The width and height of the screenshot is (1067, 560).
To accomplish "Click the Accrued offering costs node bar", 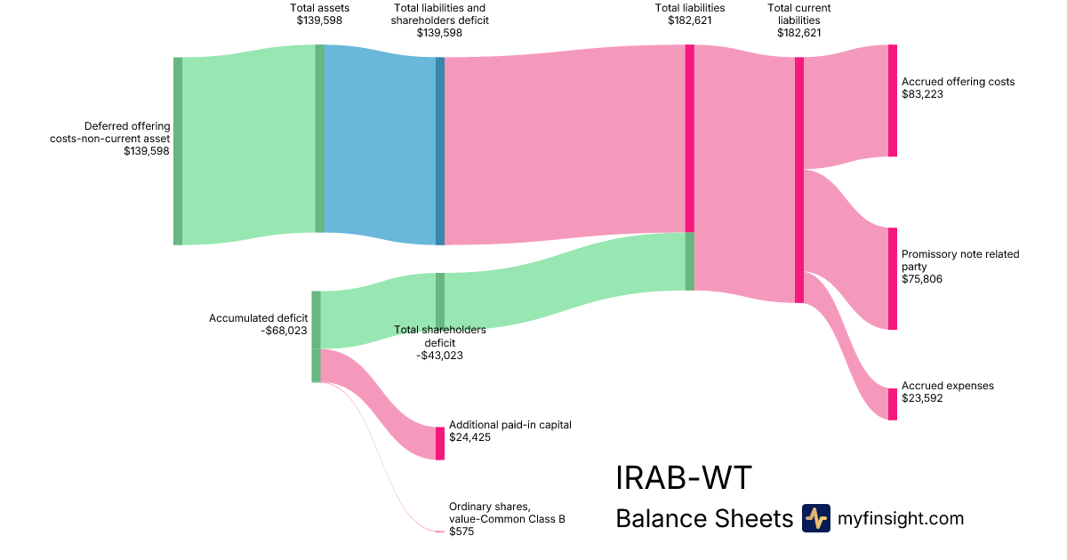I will pyautogui.click(x=892, y=100).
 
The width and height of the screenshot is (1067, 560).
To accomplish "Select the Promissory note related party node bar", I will pyautogui.click(x=892, y=278).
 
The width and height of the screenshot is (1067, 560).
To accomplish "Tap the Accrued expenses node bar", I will pyautogui.click(x=892, y=404).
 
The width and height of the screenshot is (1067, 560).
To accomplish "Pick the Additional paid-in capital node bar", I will pyautogui.click(x=439, y=443).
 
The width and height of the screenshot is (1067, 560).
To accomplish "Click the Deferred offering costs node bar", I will pyautogui.click(x=178, y=150).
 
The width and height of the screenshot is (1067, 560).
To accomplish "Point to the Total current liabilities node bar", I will pyautogui.click(x=798, y=180).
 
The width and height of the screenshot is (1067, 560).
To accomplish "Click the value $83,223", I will pyautogui.click(x=921, y=94).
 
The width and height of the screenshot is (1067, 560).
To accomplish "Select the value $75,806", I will pyautogui.click(x=921, y=279).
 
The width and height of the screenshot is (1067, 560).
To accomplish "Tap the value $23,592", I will pyautogui.click(x=921, y=398).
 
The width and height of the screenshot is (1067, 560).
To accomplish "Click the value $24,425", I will pyautogui.click(x=469, y=437).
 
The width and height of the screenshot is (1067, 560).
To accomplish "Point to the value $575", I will pyautogui.click(x=461, y=532).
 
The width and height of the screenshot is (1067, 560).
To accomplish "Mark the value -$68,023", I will pyautogui.click(x=284, y=331).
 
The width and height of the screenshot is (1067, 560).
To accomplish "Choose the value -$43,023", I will pyautogui.click(x=439, y=356).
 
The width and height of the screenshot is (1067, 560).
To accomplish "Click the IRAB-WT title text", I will pyautogui.click(x=683, y=478).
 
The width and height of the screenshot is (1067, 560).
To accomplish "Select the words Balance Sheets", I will pyautogui.click(x=703, y=518).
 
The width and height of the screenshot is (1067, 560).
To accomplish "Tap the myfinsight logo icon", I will pyautogui.click(x=815, y=518).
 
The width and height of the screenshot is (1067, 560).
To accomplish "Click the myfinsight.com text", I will pyautogui.click(x=901, y=518).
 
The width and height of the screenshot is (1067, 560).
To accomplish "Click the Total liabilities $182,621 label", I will pyautogui.click(x=689, y=14).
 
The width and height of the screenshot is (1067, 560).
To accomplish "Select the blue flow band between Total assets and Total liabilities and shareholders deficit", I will pyautogui.click(x=380, y=142).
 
